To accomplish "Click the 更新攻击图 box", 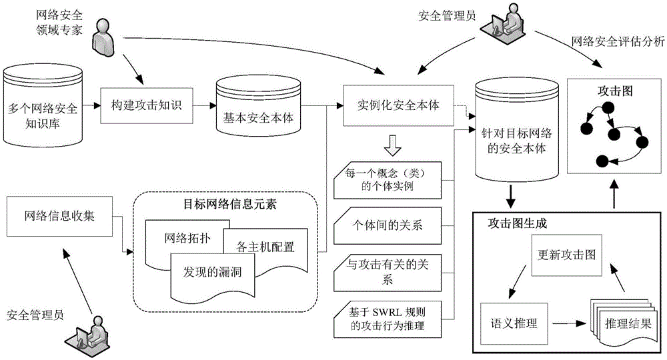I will pyautogui.click(x=566, y=255).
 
